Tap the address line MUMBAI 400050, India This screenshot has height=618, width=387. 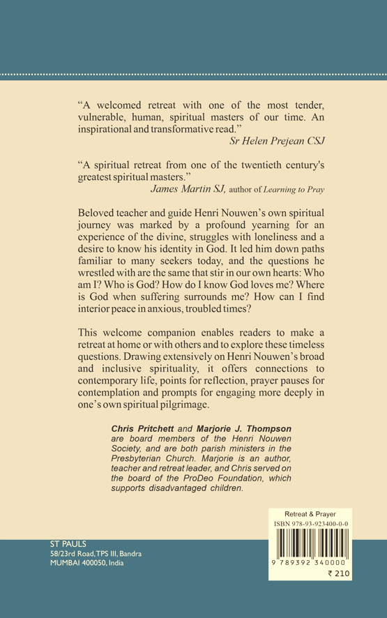[86, 563]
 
